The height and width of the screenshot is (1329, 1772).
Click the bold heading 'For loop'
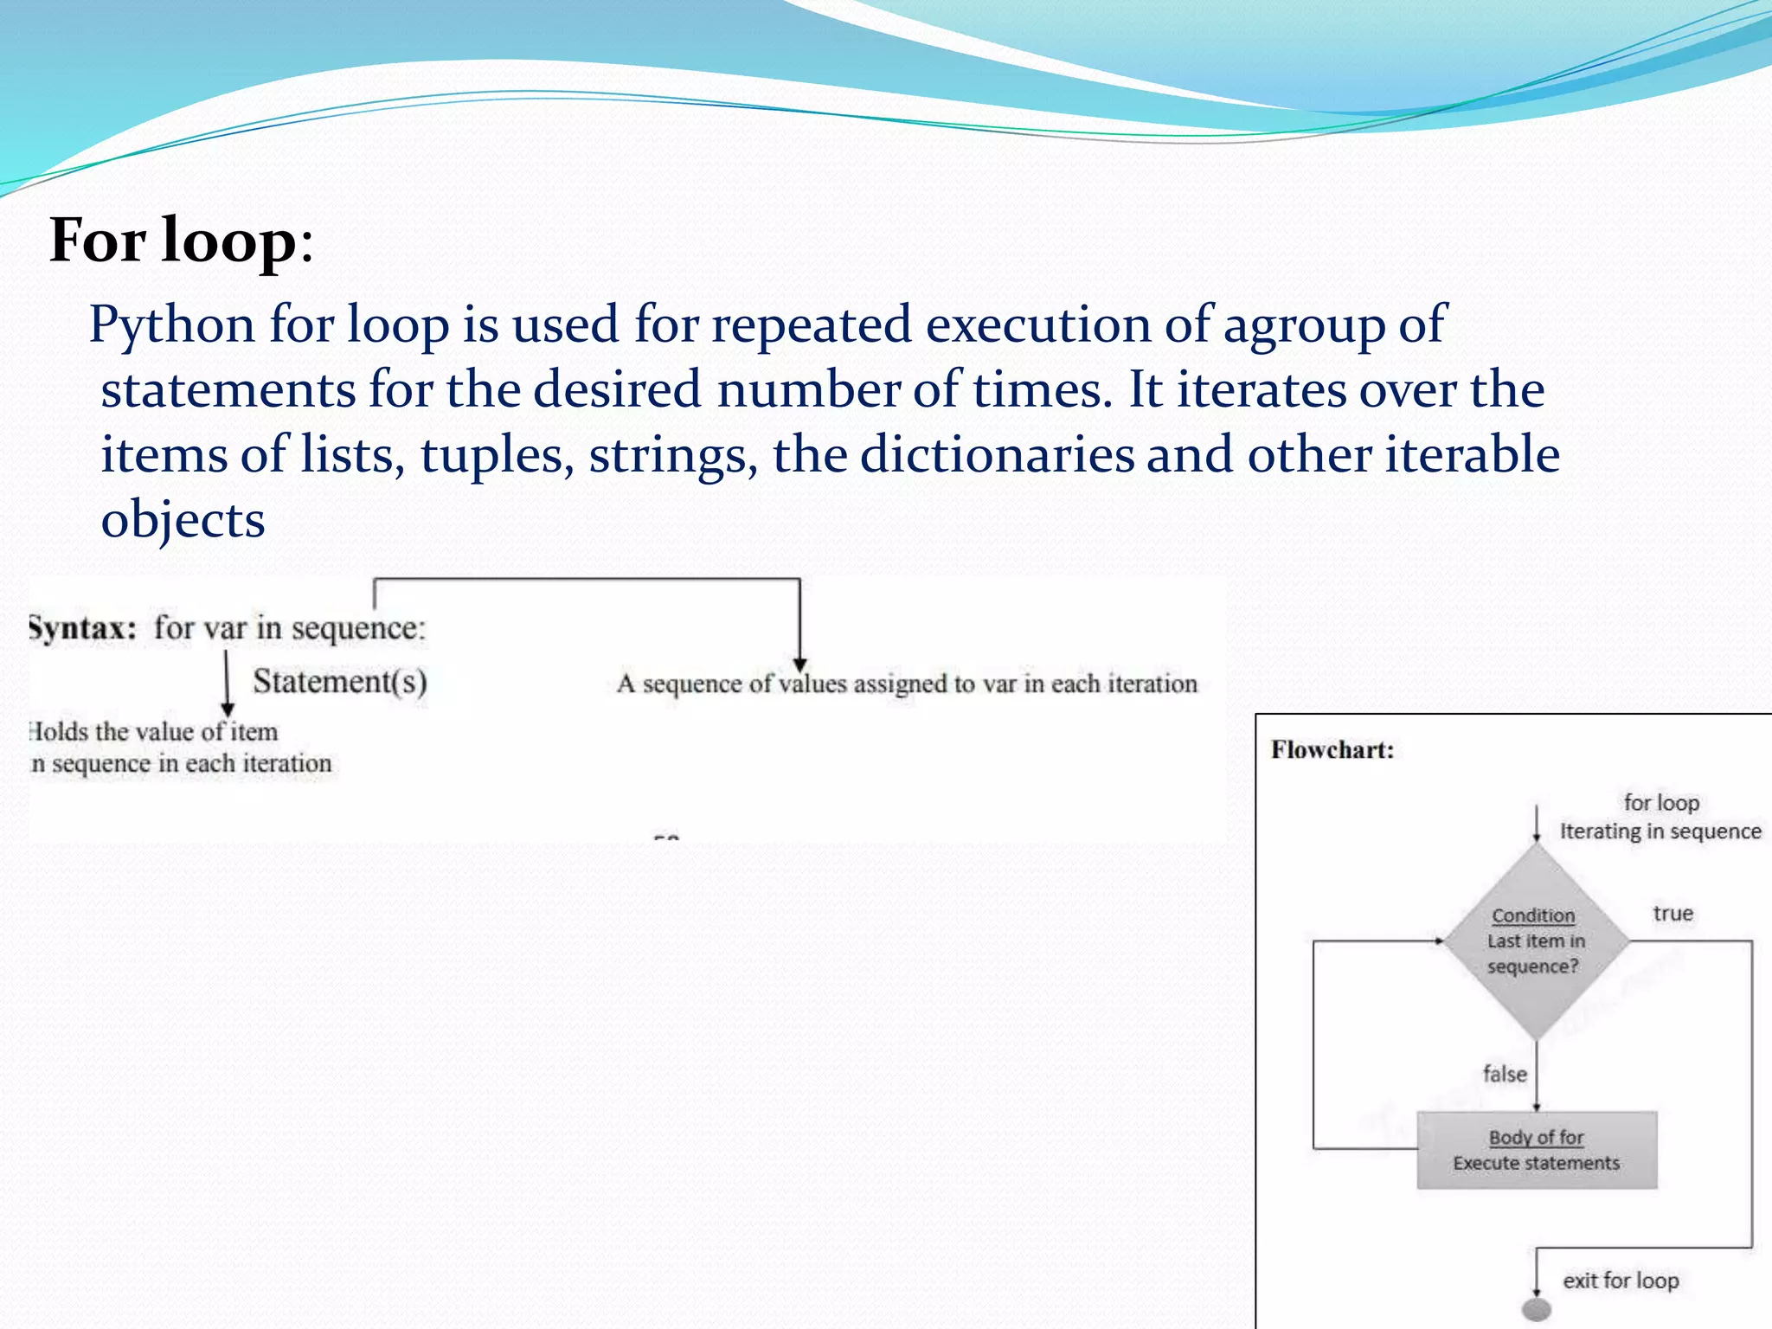[x=173, y=241]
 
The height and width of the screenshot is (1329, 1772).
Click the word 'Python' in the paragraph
[x=171, y=325]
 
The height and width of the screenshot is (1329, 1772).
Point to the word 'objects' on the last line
[x=183, y=520]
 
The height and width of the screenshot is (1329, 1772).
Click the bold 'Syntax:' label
[x=83, y=628]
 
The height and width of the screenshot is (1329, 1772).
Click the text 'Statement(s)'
[x=340, y=682]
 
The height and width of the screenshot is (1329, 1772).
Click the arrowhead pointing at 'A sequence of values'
[x=799, y=664]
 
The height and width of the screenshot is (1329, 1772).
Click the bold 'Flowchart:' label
[x=1332, y=750]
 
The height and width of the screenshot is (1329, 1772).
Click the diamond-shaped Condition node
[x=1536, y=941]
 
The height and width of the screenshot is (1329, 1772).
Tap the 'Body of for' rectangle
[x=1537, y=1150]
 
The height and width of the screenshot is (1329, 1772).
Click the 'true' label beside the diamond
[x=1672, y=914]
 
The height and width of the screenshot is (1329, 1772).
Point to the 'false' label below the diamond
[x=1505, y=1074]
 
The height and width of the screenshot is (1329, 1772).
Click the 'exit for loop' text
[x=1620, y=1281]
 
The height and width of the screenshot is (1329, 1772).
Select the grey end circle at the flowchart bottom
[x=1536, y=1309]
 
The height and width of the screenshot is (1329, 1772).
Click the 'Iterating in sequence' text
[x=1660, y=831]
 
